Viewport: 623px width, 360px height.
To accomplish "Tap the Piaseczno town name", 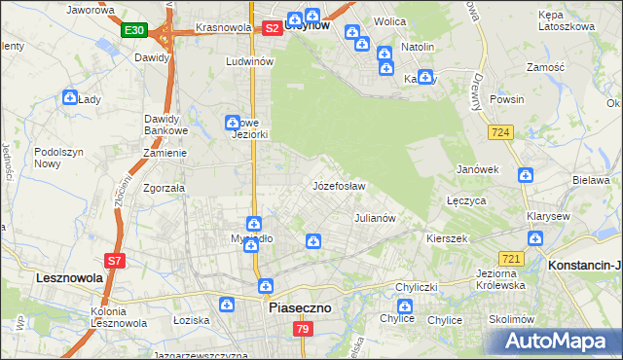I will pyautogui.click(x=299, y=307).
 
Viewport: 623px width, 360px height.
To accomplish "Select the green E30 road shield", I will pyautogui.click(x=134, y=31).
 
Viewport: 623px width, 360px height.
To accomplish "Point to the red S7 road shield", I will pyautogui.click(x=115, y=260).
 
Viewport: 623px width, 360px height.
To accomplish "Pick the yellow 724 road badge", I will pyautogui.click(x=501, y=132).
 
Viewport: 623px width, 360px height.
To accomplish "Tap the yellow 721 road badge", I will pyautogui.click(x=512, y=258).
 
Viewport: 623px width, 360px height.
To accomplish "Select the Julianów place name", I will pyautogui.click(x=375, y=218).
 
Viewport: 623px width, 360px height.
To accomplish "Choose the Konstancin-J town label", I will pyautogui.click(x=585, y=265).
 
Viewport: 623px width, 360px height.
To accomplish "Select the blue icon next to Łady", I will pyautogui.click(x=70, y=97).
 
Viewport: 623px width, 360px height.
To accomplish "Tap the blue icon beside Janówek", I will pyautogui.click(x=526, y=175).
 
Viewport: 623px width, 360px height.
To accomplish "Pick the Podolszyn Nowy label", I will pyautogui.click(x=60, y=158).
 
